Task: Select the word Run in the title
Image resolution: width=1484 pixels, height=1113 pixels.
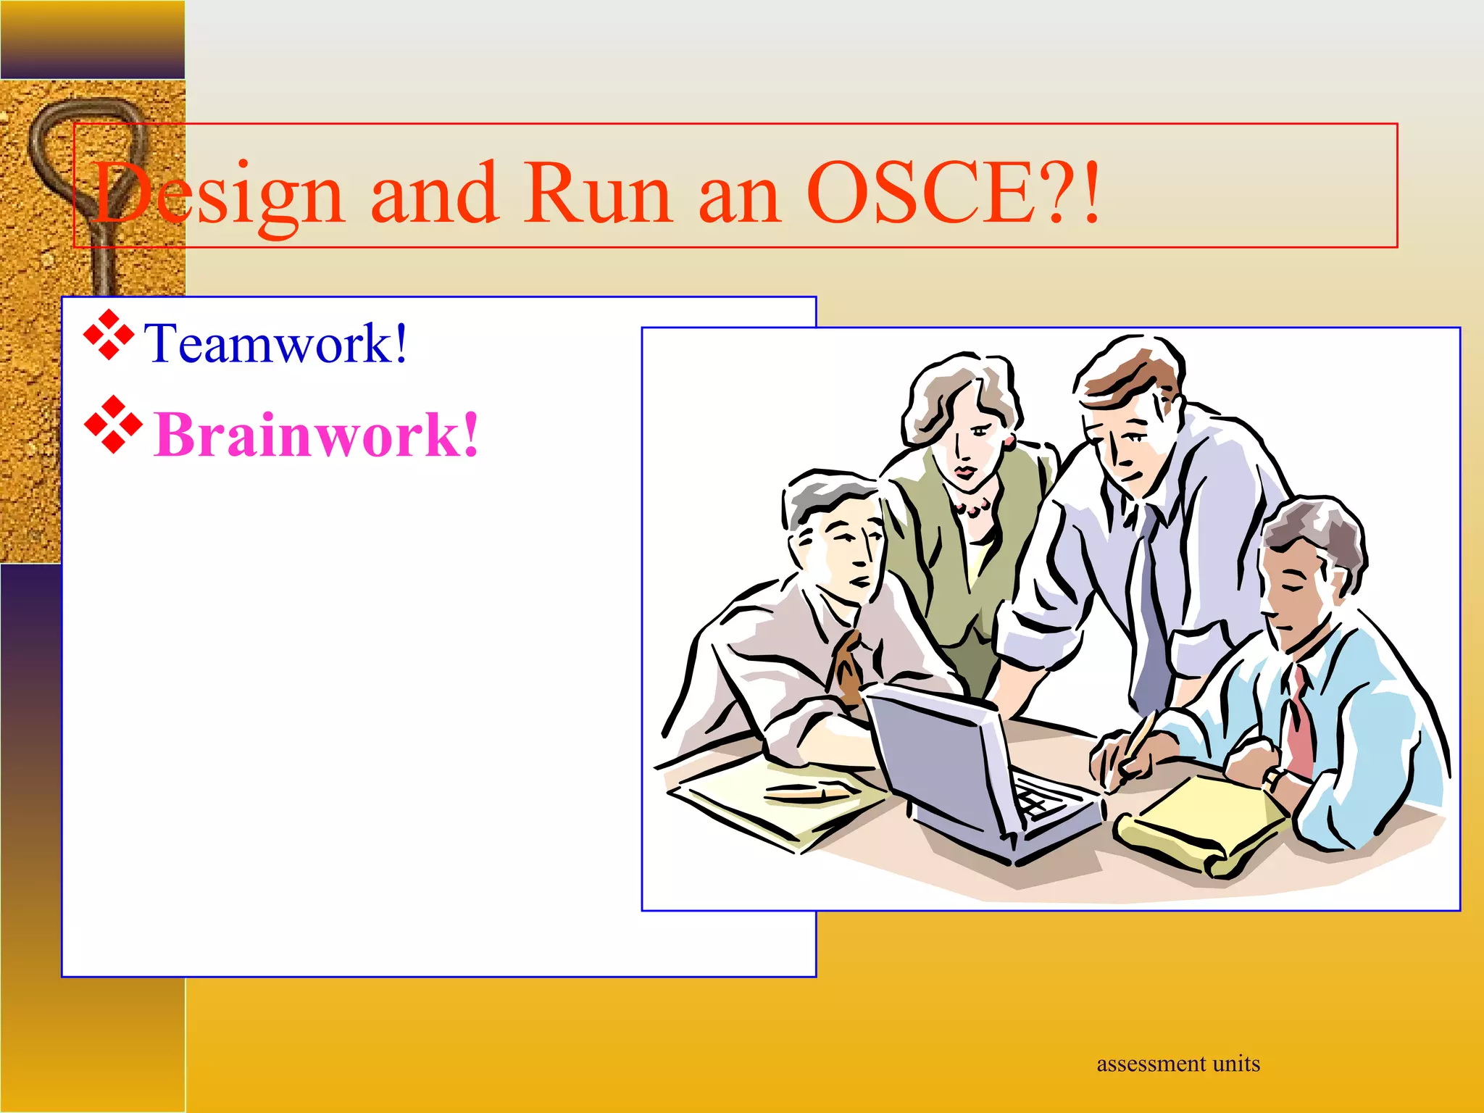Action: coord(599,193)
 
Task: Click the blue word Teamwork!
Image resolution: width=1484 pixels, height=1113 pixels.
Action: coord(276,343)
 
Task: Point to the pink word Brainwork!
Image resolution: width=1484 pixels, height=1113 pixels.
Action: coord(316,435)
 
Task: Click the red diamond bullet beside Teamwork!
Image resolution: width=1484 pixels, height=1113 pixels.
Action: coord(109,335)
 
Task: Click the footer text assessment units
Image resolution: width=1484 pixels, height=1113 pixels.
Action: coord(1178,1064)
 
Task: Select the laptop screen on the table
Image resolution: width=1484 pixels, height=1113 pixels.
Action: coord(935,754)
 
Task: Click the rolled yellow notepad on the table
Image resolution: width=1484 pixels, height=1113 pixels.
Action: coord(1203,826)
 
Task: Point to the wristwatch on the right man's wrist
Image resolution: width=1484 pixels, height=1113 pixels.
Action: coord(1272,780)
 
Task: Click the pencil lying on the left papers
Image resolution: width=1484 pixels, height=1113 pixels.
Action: coord(804,793)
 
